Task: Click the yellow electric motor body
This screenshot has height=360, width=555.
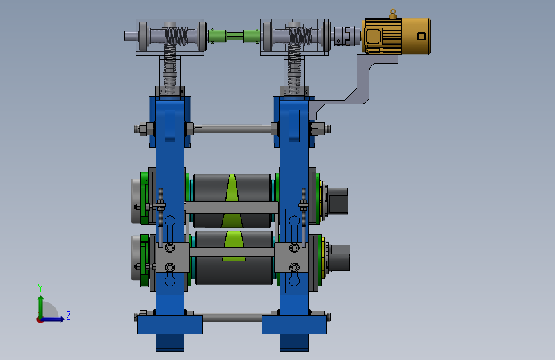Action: (396, 36)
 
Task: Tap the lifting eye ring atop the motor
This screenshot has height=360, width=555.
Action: (392, 12)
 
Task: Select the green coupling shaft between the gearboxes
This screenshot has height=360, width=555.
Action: (234, 36)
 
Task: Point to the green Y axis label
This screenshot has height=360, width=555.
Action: (40, 288)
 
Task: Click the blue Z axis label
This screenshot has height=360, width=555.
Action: (68, 315)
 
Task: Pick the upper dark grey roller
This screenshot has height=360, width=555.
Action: (232, 200)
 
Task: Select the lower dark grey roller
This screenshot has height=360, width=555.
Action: (234, 258)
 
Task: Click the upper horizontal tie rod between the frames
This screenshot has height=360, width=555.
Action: (232, 129)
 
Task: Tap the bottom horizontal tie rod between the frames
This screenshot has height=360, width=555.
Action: (232, 317)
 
